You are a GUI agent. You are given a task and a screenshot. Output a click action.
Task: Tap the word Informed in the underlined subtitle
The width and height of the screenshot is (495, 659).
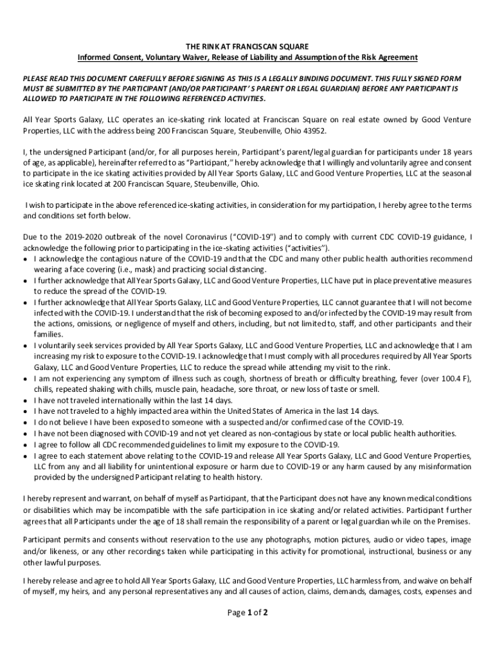pos(95,57)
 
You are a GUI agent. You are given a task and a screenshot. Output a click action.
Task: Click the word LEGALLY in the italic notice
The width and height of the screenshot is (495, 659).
pos(294,77)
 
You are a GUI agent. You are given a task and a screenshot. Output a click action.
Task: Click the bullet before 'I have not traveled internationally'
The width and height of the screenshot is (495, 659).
pos(25,400)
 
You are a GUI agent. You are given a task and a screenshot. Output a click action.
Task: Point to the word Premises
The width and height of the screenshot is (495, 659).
pos(448,521)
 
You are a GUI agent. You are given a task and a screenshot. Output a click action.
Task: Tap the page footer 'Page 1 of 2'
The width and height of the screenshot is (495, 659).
pos(248,613)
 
